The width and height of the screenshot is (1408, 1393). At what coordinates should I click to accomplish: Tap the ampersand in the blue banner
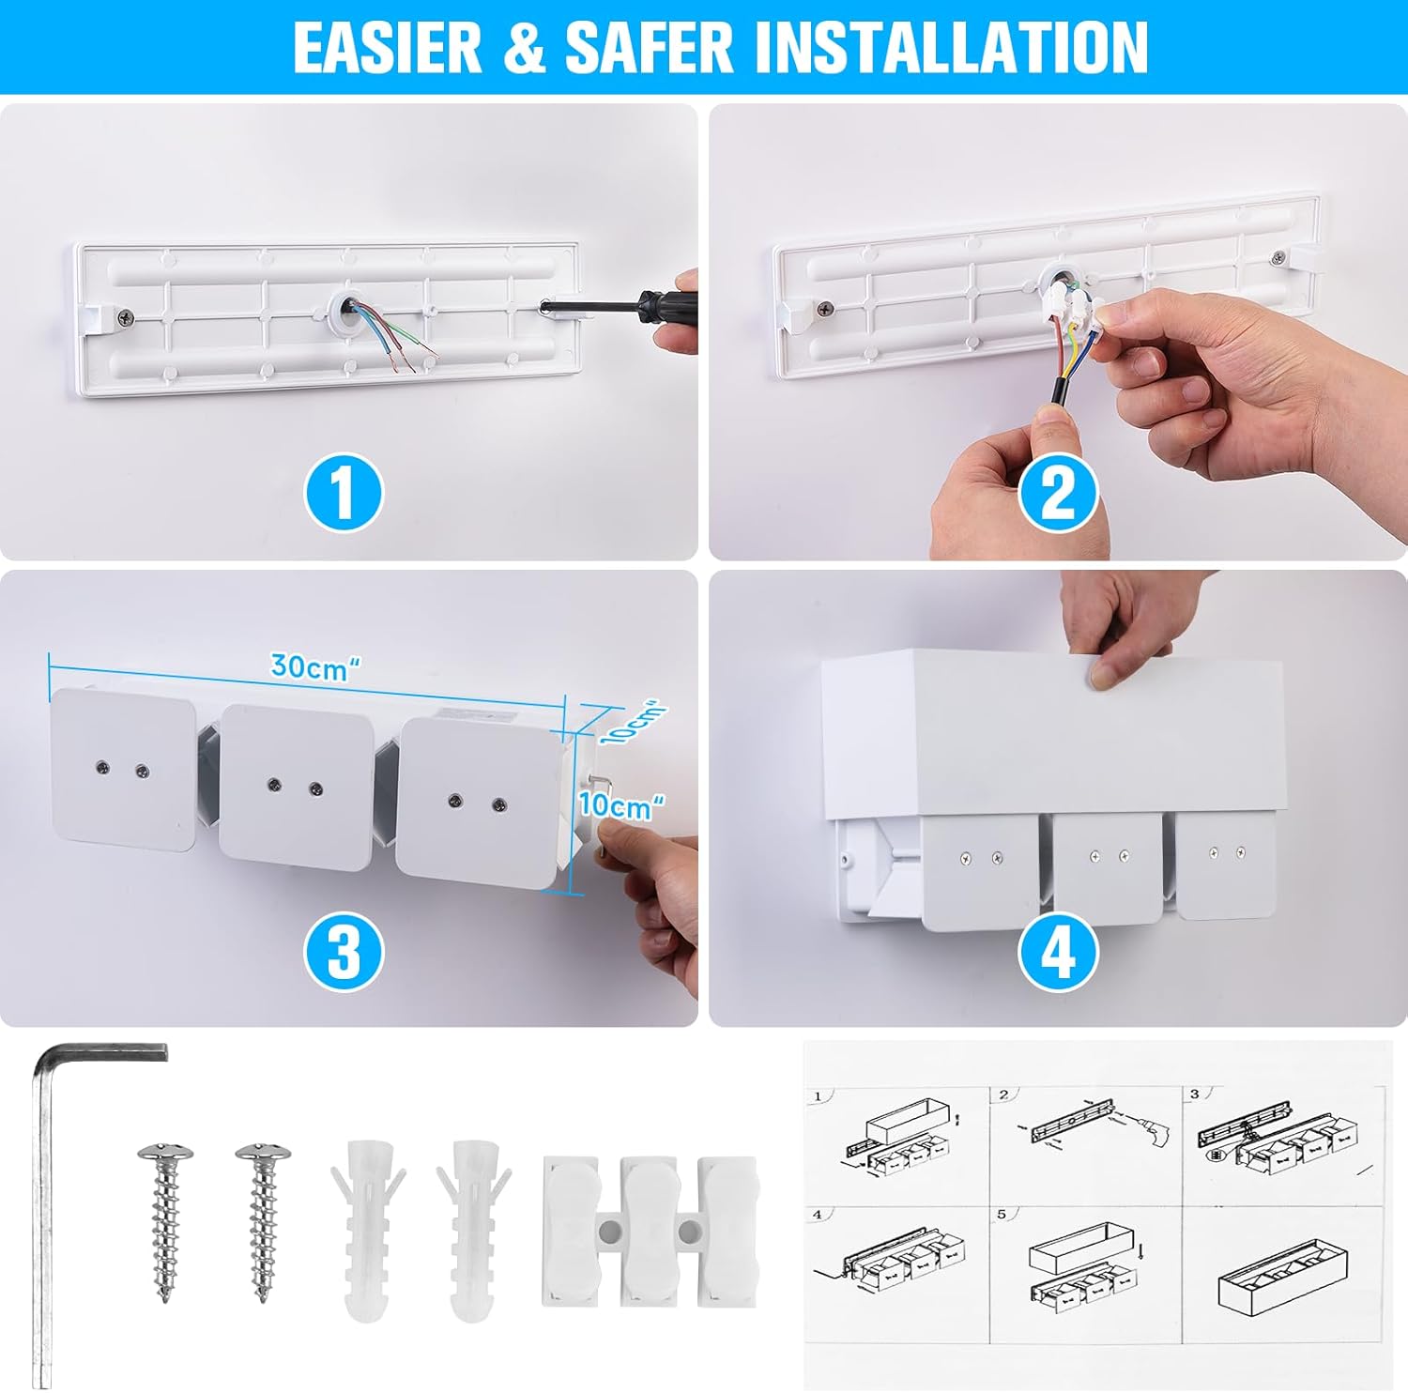point(524,47)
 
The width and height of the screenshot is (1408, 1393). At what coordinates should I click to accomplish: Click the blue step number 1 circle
point(344,492)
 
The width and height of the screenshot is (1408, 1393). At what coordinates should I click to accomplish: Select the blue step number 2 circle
point(1058,492)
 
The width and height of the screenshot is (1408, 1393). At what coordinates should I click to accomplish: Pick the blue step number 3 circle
point(344,951)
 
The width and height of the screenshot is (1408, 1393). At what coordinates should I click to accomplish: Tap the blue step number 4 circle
point(1058,952)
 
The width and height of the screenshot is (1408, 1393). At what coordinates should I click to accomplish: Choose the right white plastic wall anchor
point(473,1230)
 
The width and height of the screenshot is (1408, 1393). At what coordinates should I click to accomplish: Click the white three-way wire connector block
point(650,1230)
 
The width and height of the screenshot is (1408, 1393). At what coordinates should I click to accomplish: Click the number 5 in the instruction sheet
point(1002,1214)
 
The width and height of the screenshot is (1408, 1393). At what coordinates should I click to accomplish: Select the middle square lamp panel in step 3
point(297,787)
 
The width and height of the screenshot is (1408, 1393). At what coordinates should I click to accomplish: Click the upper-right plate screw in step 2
point(1278,257)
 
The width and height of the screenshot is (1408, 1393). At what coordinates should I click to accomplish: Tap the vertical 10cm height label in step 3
point(620,805)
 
